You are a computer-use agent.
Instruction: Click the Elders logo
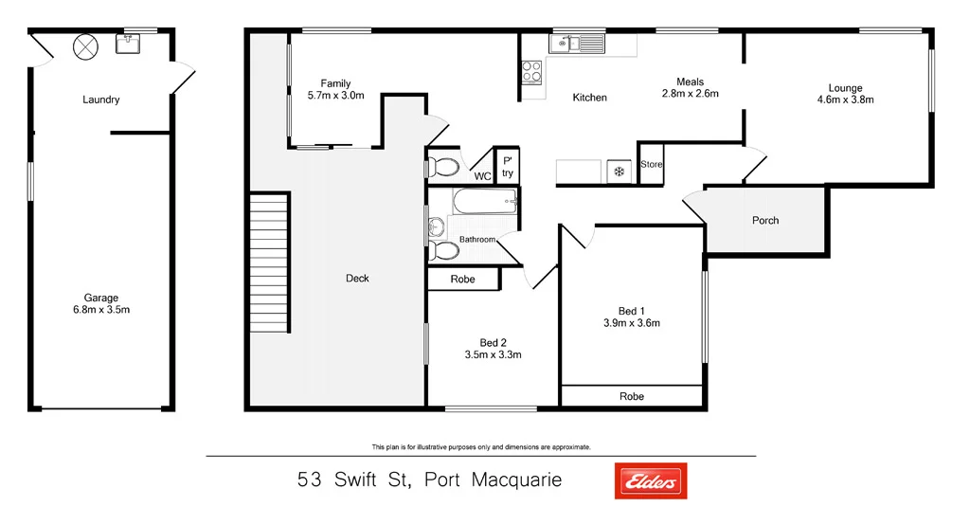(x=651, y=480)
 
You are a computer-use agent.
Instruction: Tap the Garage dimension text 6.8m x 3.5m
(x=101, y=310)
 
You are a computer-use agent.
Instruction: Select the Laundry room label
(x=101, y=100)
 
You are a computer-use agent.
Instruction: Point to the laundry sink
(x=128, y=44)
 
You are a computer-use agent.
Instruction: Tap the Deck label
(x=357, y=278)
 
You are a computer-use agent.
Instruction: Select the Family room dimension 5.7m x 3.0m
(x=336, y=96)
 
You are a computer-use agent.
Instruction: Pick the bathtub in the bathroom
(x=485, y=201)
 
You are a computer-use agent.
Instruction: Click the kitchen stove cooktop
(x=531, y=70)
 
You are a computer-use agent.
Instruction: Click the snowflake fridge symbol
(x=620, y=172)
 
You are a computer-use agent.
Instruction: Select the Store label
(x=652, y=165)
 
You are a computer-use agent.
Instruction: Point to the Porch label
(x=765, y=221)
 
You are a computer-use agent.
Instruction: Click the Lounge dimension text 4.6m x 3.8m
(x=845, y=100)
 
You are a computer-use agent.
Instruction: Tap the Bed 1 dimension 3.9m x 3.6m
(x=631, y=323)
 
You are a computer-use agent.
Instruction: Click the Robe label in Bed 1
(x=632, y=396)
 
